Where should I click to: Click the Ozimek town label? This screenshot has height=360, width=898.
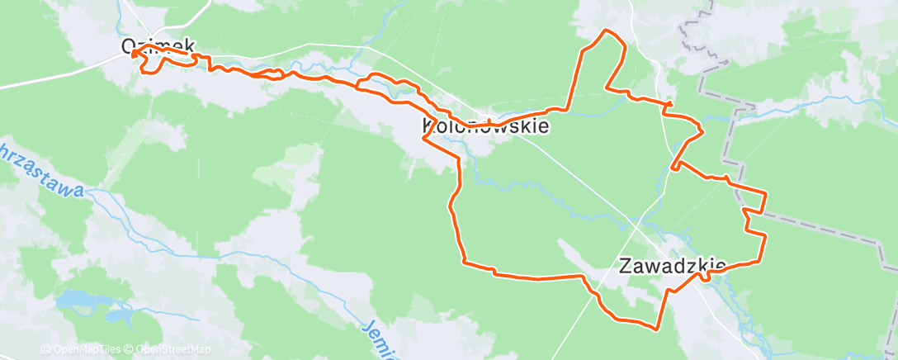point(156,47)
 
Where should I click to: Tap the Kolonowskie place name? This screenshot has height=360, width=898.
point(484,126)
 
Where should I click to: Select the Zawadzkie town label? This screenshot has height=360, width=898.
point(672,266)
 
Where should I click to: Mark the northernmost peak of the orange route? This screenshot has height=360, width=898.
point(607,31)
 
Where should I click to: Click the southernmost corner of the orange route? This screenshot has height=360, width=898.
point(656,329)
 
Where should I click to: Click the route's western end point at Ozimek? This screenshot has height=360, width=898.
point(132,54)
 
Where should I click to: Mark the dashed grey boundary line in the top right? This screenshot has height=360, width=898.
point(725,124)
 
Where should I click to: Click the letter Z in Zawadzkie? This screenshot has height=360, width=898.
point(625,266)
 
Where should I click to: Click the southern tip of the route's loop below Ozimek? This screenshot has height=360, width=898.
point(149,73)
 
